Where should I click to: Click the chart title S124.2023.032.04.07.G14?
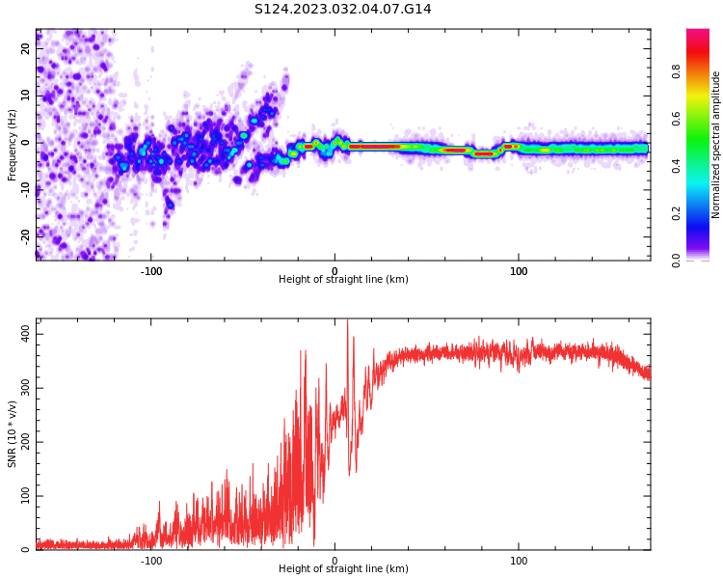[343, 10]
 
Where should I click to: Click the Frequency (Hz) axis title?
[13, 145]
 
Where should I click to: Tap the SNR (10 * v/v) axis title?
[13, 434]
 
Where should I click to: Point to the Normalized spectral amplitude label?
[716, 145]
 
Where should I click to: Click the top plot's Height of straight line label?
[343, 280]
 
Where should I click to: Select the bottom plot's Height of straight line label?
[343, 569]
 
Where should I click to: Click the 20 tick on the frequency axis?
[26, 48]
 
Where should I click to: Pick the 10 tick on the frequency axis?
[26, 96]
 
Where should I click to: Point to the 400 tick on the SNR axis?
[22, 334]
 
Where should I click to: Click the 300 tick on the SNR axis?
[22, 388]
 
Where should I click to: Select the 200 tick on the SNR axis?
[22, 442]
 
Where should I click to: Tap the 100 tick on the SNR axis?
[22, 496]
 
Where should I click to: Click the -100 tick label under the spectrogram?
[151, 270]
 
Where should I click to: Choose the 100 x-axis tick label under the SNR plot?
[519, 560]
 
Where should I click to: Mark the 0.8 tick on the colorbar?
[703, 70]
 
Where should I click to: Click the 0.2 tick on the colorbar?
[703, 212]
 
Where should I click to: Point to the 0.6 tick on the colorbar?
[703, 118]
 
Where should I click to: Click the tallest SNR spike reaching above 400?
[348, 323]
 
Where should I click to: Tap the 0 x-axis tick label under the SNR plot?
[335, 560]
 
